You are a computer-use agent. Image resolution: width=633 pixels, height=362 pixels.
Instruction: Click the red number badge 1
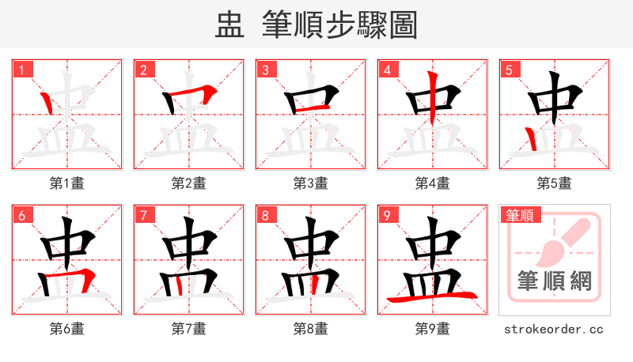tap(21, 70)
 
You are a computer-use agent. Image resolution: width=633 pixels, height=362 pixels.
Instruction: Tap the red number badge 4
tap(387, 70)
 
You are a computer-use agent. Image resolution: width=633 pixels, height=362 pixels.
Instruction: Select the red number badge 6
tap(21, 215)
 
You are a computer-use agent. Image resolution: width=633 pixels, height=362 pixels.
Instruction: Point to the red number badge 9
tap(387, 215)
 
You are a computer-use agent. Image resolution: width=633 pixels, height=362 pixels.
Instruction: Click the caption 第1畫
tap(67, 183)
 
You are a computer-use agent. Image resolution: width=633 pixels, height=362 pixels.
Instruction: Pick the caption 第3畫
tap(311, 183)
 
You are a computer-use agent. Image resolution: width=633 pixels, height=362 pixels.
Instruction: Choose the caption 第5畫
tap(555, 183)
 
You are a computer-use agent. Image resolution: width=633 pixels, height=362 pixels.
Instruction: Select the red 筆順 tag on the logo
tap(520, 214)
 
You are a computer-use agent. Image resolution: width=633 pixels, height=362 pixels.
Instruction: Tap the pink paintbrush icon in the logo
tap(563, 242)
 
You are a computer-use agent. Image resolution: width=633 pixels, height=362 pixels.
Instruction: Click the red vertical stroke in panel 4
tap(431, 99)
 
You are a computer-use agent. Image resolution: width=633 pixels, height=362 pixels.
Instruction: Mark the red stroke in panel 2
tap(190, 96)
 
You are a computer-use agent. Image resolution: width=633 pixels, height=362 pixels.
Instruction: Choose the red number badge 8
tap(265, 215)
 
